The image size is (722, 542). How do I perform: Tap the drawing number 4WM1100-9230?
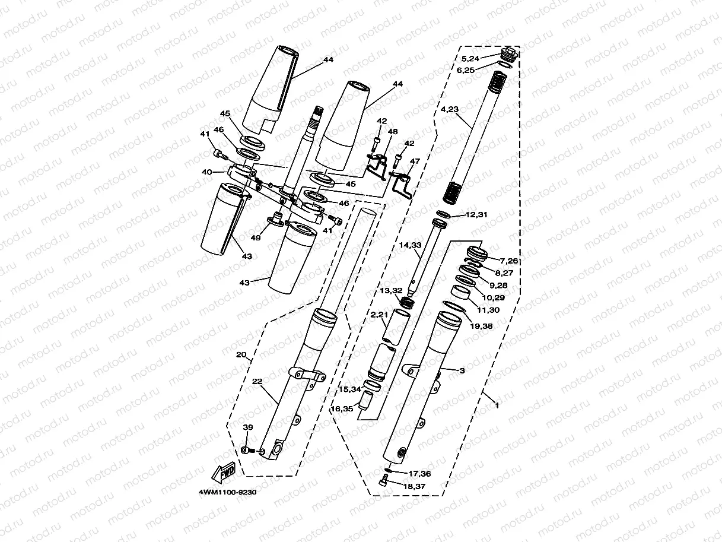point(229,491)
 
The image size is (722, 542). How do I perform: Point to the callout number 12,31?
point(476,214)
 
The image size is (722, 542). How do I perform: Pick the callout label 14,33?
point(410,245)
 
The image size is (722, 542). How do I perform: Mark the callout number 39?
point(248,427)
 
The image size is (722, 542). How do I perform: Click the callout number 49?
point(256,237)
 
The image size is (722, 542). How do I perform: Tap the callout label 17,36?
point(419,473)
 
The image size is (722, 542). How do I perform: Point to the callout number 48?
point(392,131)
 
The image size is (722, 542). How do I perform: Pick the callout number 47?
point(414,161)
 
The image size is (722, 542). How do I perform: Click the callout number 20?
point(241,355)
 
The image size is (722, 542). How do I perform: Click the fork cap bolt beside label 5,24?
point(510,53)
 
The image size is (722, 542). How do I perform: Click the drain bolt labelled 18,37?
point(383,481)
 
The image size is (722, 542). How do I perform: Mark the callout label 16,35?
point(342,408)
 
